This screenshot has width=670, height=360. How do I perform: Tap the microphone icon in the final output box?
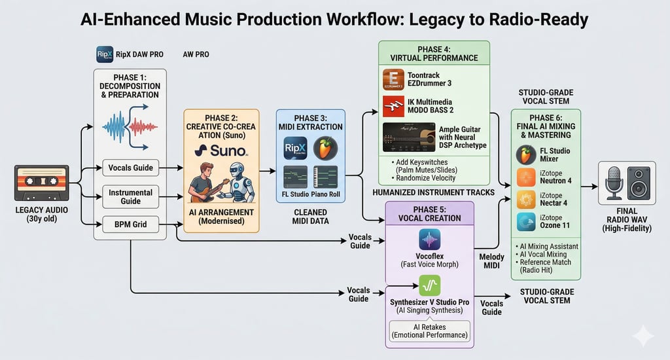pyautogui.click(x=614, y=183)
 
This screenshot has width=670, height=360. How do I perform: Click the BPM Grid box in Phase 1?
pyautogui.click(x=131, y=225)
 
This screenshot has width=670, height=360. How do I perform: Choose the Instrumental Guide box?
pyautogui.click(x=131, y=196)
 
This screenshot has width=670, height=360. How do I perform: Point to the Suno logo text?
pyautogui.click(x=220, y=151)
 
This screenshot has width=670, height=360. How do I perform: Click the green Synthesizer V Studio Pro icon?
pyautogui.click(x=430, y=285)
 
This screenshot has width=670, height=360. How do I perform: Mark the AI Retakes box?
pyautogui.click(x=430, y=330)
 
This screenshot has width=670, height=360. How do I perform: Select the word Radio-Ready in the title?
pyautogui.click(x=531, y=19)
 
